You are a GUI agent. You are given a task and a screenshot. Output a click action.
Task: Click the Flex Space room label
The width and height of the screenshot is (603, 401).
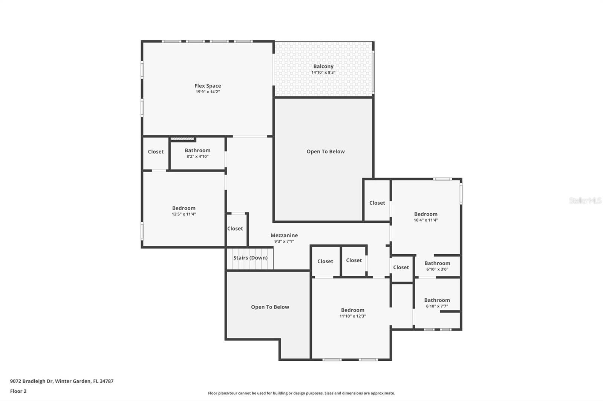(208, 86)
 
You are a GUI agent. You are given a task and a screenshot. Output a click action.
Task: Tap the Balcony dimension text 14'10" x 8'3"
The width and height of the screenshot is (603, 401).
(323, 72)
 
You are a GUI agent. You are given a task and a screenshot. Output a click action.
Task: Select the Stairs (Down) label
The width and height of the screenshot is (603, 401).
(250, 258)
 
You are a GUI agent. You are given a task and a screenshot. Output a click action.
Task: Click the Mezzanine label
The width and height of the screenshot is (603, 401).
(284, 235)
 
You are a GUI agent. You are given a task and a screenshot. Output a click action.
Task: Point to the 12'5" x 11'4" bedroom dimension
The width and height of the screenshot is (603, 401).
(184, 214)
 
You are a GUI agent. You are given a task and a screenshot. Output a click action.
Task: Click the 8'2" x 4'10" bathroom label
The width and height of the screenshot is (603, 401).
(197, 150)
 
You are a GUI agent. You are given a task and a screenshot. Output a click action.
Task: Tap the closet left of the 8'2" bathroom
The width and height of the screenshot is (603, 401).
(156, 152)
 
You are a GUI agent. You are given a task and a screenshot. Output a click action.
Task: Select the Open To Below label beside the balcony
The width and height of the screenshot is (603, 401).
(325, 152)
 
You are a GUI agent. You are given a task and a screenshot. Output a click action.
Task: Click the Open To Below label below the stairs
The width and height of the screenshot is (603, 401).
(270, 307)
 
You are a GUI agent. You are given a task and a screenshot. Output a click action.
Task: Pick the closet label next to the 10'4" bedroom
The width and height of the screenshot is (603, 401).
(377, 203)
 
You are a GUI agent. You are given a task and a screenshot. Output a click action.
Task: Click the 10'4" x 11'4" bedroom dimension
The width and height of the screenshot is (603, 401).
(425, 220)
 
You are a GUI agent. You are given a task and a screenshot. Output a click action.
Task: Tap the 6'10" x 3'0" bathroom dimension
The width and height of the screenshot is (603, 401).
(437, 269)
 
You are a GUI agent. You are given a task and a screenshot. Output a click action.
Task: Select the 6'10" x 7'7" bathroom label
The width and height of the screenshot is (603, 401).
(437, 300)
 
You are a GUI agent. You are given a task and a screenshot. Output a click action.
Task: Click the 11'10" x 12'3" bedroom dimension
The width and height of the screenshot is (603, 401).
(352, 316)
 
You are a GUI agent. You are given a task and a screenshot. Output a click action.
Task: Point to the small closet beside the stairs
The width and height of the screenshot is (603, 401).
(235, 229)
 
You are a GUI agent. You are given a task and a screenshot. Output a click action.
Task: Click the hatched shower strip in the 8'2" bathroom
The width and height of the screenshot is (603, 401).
(182, 139)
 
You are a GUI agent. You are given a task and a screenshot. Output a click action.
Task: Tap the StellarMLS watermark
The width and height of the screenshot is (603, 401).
(585, 201)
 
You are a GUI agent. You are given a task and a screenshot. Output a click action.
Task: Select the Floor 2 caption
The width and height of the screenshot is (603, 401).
(18, 391)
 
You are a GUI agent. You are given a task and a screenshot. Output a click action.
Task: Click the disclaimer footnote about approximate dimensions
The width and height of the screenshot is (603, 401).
(301, 393)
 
